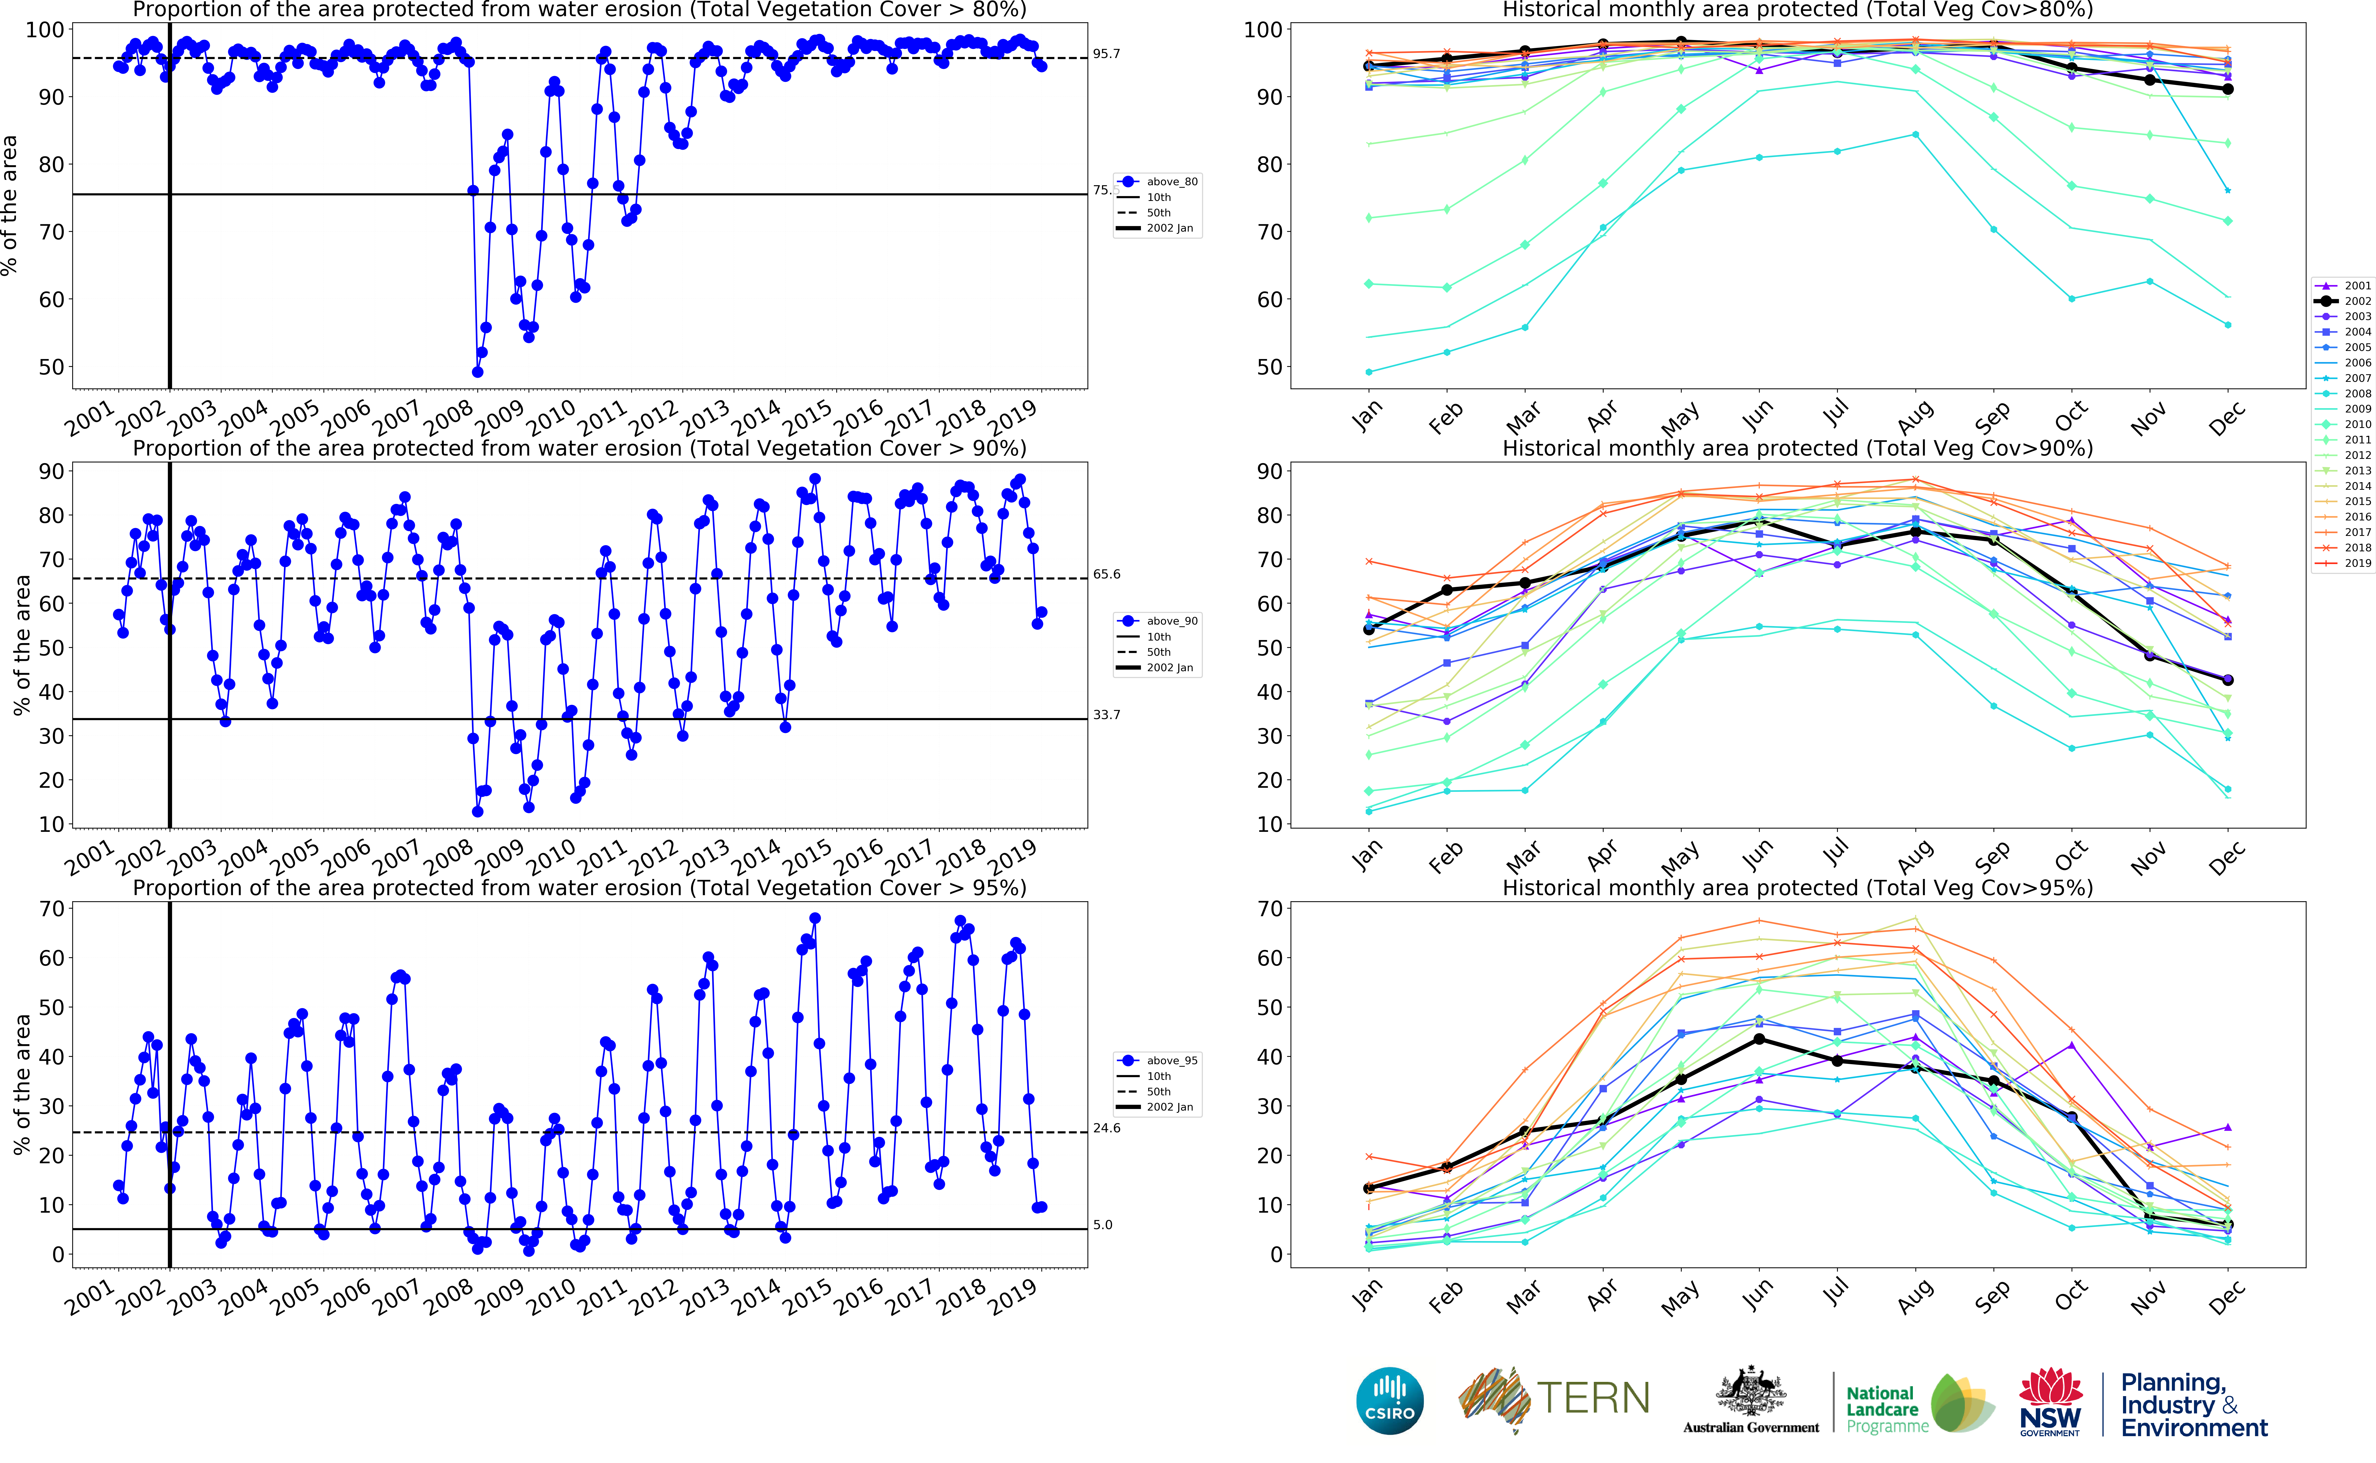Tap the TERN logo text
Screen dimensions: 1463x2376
[1592, 1398]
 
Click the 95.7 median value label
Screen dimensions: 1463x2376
[1106, 54]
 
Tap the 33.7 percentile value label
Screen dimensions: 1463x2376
[1106, 715]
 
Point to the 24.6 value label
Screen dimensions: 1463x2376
[1106, 1128]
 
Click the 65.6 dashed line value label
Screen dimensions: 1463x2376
[1106, 575]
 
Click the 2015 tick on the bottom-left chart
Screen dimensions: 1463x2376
[806, 1297]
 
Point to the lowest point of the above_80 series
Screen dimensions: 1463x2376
[477, 371]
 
